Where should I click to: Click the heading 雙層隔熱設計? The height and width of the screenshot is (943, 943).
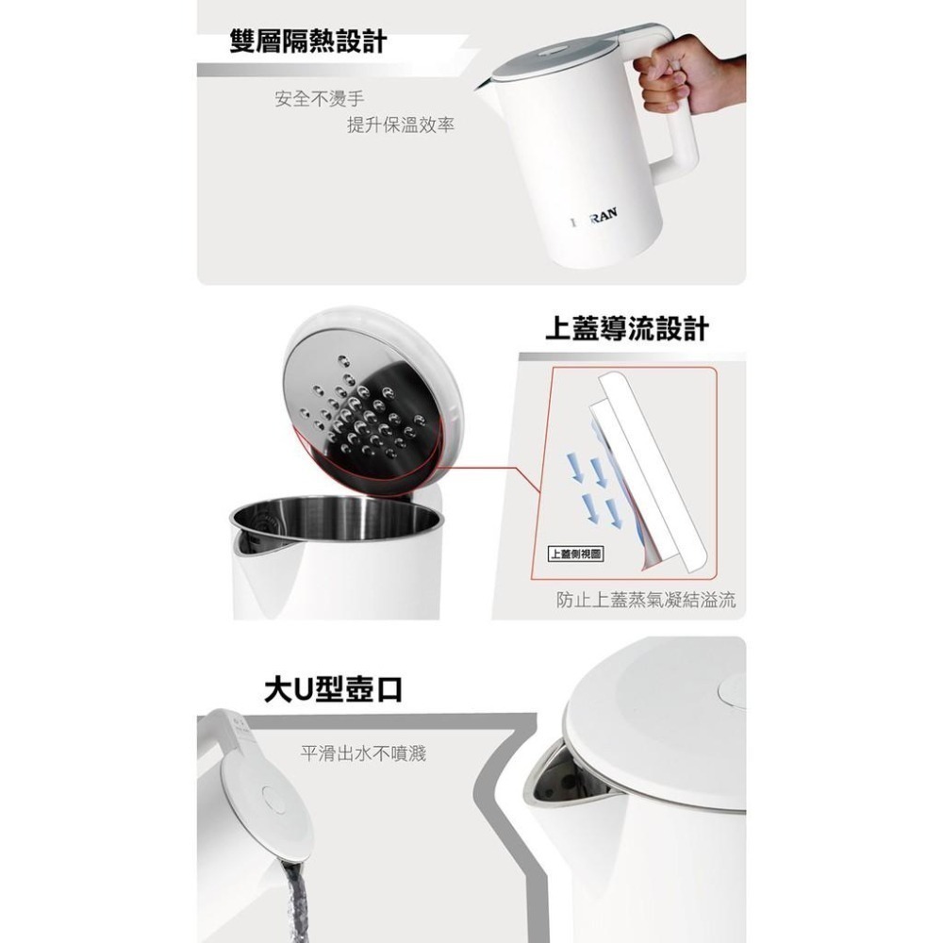tap(307, 41)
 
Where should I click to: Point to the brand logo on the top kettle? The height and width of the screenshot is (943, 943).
tap(595, 217)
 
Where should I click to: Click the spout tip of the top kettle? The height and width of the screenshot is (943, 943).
tap(480, 86)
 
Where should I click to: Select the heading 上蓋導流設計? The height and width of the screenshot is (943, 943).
tap(626, 329)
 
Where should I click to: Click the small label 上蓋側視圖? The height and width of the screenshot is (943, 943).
tap(575, 554)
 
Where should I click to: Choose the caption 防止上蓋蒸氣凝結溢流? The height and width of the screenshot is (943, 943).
tap(646, 600)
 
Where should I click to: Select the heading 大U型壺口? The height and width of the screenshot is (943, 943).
tap(333, 689)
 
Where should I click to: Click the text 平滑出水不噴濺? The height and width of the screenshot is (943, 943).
tap(363, 753)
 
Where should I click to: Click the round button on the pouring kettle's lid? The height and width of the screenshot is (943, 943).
tap(274, 800)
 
